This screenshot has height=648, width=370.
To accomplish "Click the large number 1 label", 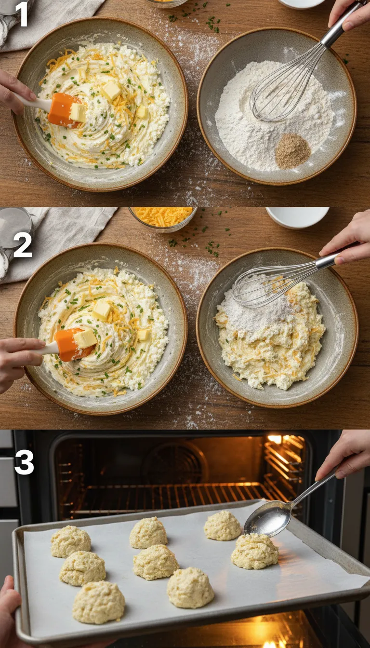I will pos(22,14).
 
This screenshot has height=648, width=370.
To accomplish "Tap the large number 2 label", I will pos(23,245).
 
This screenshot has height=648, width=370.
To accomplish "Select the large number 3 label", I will pos(24,463).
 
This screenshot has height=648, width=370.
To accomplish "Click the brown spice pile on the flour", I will pos(292,151).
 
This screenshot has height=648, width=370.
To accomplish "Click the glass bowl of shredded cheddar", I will pos(162,217).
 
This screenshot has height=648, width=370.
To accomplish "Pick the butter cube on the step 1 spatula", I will pos(78,112).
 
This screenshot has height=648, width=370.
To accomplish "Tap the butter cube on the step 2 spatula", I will pos(86,338).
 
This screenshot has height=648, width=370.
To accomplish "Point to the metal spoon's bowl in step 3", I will pos(266,519).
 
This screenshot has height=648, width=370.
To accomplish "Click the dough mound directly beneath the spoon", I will pos(254,551).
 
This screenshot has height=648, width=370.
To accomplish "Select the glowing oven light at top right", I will pos(275,439).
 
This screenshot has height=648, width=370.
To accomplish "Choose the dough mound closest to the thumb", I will pos(98,602).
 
